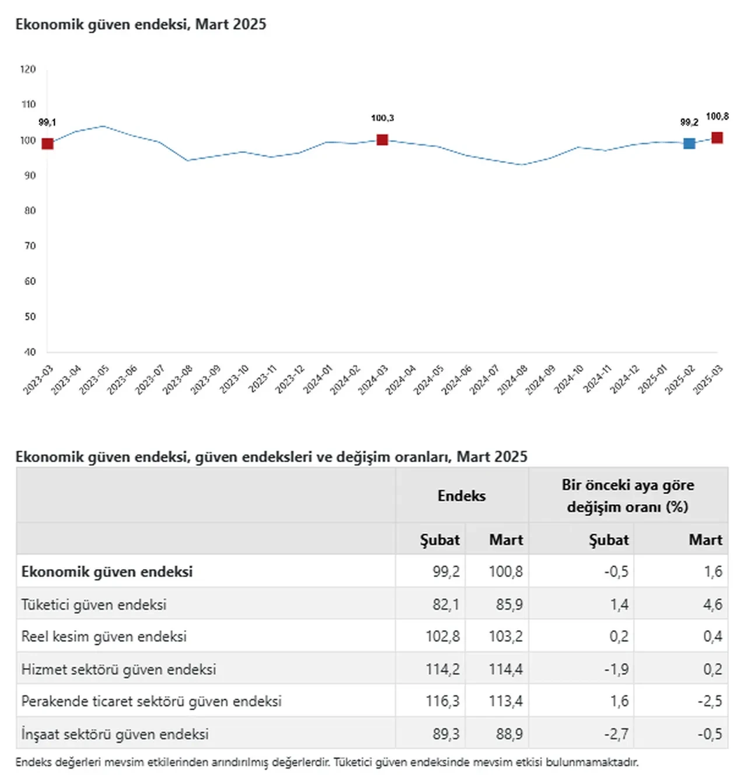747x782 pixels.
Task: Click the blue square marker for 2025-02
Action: coord(689,143)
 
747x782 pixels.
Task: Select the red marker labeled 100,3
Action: coord(382,139)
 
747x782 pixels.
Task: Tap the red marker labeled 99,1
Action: coord(47,144)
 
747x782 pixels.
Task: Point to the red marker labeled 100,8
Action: coord(717,138)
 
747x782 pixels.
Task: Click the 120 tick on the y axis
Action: coord(28,69)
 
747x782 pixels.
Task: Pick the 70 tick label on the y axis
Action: coord(30,246)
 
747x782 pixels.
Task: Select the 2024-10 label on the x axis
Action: coord(568,379)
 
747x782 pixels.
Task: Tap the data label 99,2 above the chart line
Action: coord(689,123)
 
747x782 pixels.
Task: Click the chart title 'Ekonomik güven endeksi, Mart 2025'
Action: coord(141,25)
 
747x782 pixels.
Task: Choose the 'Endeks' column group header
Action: coord(462,496)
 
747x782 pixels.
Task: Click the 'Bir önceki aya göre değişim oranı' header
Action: coord(628,496)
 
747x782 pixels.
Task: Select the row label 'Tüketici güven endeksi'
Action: coord(94,605)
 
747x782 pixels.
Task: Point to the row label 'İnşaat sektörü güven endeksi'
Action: coord(115,734)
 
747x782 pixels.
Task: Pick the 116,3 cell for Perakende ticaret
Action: coord(442,701)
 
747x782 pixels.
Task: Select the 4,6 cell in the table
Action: coord(713,605)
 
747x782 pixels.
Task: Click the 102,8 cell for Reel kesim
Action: coord(442,637)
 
